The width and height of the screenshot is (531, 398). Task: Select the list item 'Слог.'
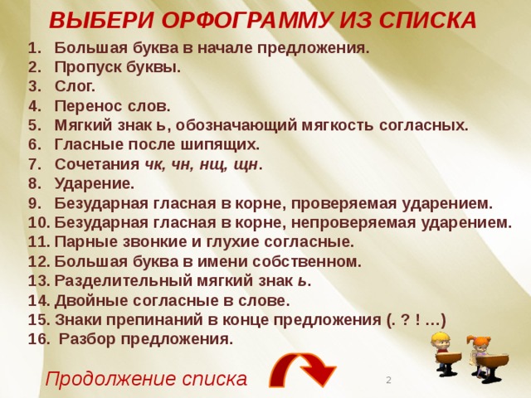pyautogui.click(x=75, y=86)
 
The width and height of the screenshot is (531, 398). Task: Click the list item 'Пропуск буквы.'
pyautogui.click(x=117, y=67)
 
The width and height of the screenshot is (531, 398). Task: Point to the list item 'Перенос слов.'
pyautogui.click(x=112, y=106)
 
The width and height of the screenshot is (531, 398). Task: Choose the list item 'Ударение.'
pyautogui.click(x=94, y=183)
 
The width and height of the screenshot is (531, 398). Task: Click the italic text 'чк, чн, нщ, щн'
pyautogui.click(x=204, y=164)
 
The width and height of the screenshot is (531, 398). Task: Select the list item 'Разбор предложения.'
pyautogui.click(x=146, y=339)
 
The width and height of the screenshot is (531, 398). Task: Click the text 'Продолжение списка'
pyautogui.click(x=146, y=379)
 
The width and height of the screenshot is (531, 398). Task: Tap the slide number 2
pyautogui.click(x=388, y=380)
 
